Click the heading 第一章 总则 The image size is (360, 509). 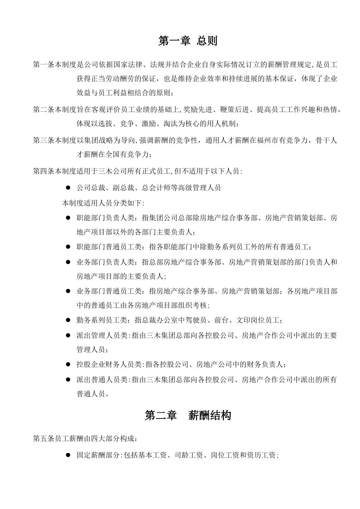188,41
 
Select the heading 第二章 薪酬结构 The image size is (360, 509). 188,415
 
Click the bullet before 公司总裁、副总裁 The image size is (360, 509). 68,187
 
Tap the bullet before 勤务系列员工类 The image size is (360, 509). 68,320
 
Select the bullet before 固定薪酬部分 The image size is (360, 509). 68,455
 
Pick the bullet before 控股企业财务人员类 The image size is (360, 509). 68,365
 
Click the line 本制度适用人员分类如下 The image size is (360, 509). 103,203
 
